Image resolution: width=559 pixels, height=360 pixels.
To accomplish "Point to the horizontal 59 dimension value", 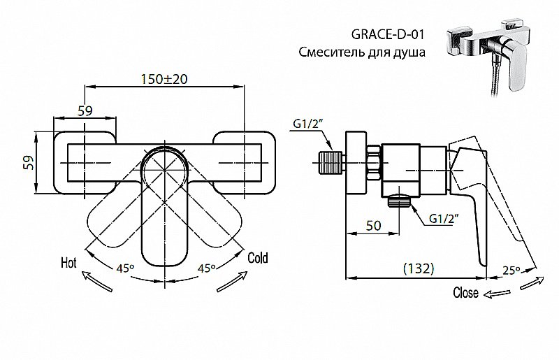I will (x=83, y=110).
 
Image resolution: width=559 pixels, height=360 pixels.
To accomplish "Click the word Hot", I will (x=68, y=263).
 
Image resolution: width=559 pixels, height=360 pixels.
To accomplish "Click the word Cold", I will (x=258, y=257).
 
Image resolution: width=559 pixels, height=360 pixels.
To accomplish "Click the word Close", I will (x=465, y=293).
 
